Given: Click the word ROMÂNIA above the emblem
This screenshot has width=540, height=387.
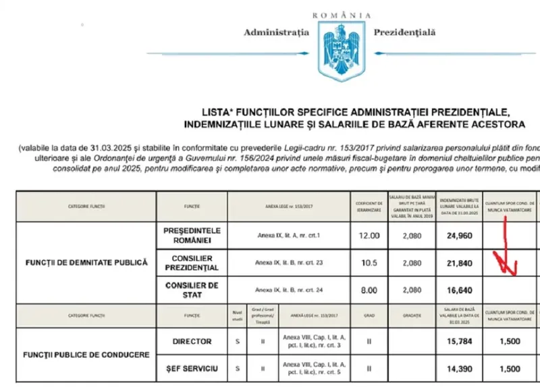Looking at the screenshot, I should point(342,14).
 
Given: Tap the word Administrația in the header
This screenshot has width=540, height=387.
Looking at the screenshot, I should point(276,32).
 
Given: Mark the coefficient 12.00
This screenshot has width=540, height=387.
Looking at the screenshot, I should point(367,236).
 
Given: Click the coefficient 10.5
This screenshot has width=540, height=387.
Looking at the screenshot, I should point(367,263).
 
